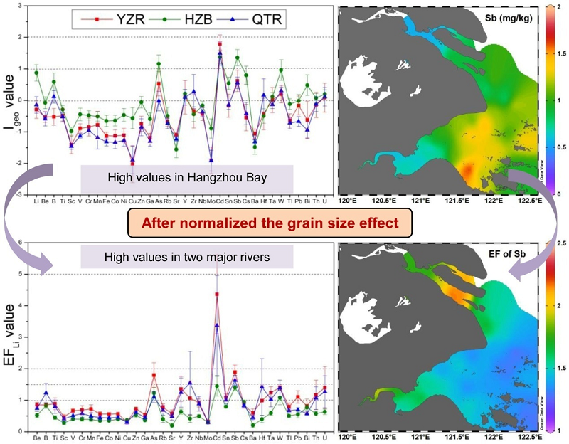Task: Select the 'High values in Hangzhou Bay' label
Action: (x=187, y=175)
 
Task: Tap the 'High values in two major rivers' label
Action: (x=188, y=256)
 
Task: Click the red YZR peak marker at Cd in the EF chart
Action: (x=216, y=294)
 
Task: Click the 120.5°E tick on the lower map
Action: (x=383, y=436)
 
